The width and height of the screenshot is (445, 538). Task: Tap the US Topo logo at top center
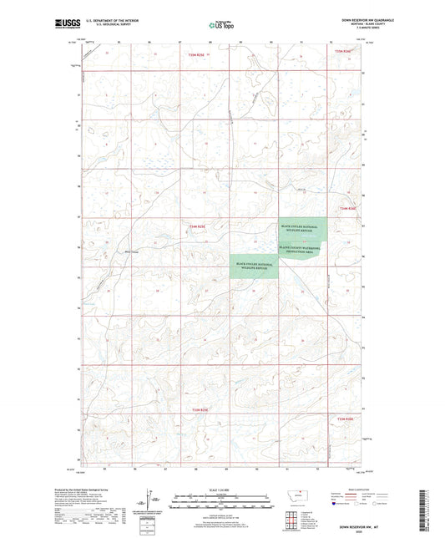220,26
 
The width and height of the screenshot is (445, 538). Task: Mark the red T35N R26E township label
344,51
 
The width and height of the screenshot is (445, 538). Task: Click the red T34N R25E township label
196,226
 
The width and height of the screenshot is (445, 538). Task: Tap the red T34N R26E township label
347,207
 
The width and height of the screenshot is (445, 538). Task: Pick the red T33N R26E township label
346,419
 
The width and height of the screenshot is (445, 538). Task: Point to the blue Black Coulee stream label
129,246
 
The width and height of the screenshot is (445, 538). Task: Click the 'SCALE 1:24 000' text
222,489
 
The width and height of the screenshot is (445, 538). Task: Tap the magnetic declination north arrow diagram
148,500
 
